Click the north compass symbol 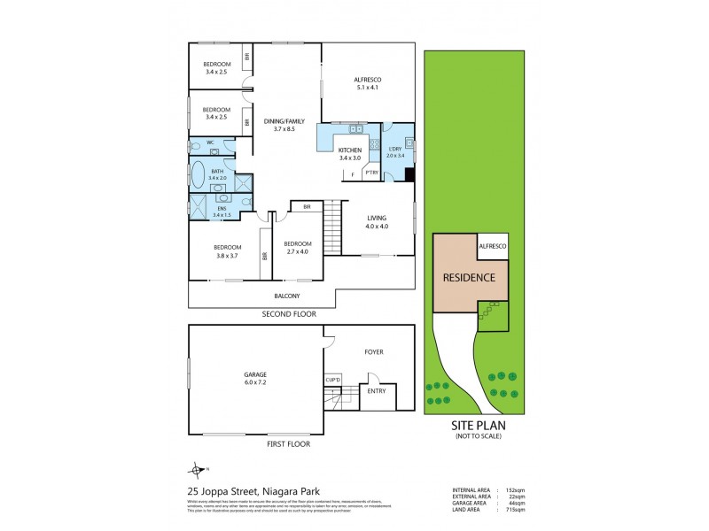click(x=195, y=470)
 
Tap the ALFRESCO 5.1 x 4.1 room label click(x=367, y=84)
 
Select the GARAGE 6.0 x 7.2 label click(x=255, y=379)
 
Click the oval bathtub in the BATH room click(x=198, y=173)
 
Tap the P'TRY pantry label click(x=371, y=172)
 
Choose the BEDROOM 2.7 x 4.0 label click(x=297, y=248)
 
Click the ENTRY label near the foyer click(x=375, y=389)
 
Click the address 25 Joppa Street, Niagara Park click(x=253, y=491)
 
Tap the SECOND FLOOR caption click(x=288, y=314)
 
